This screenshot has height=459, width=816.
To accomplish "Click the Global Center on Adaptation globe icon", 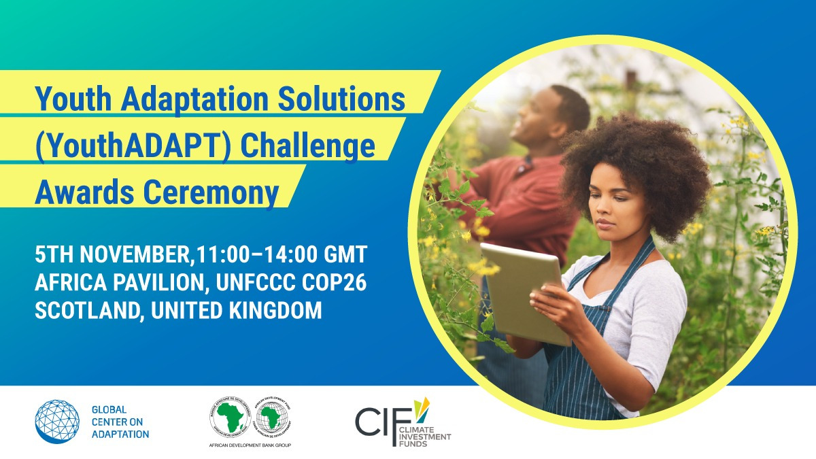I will (57, 422).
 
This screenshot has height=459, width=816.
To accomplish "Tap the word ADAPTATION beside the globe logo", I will (120, 434).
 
